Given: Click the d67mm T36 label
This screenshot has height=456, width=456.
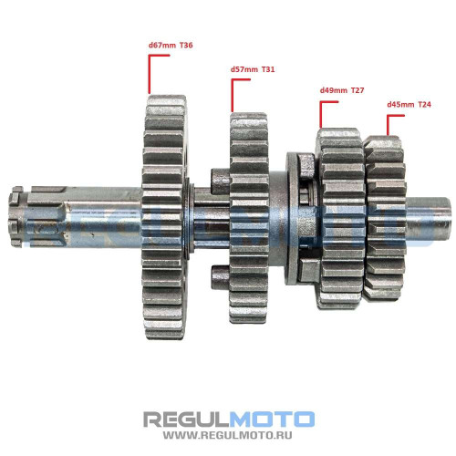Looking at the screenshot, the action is (171, 46).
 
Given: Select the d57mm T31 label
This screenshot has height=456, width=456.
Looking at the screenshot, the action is (253, 69).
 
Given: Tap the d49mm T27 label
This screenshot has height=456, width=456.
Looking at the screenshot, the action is (342, 90).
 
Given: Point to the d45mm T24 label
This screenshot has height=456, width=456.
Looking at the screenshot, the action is (409, 105).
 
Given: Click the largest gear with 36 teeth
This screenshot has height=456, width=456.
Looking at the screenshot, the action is (164, 217).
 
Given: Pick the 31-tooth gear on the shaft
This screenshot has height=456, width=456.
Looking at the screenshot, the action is (249, 218).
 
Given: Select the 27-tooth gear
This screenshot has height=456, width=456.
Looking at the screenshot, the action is (340, 219).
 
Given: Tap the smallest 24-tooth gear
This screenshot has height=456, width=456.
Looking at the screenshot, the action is (386, 219).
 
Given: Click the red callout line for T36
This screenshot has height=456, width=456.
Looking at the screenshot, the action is (149, 74).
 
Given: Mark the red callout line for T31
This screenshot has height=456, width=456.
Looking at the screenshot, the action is (232, 96).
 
